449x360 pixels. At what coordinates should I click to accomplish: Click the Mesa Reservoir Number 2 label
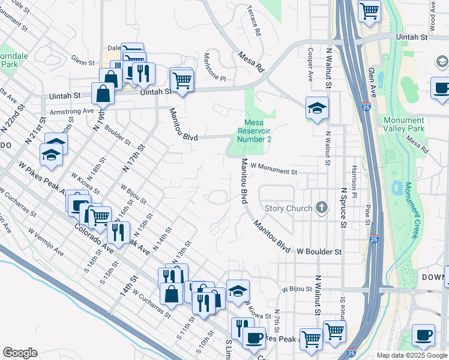(254, 130)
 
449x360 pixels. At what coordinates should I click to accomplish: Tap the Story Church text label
(289, 209)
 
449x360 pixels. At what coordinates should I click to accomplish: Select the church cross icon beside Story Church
(322, 208)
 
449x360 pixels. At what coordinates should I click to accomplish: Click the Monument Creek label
(410, 210)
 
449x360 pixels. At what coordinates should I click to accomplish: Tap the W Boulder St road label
(319, 252)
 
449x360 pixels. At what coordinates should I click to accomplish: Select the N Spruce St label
(344, 208)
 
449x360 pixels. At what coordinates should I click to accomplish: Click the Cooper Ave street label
(310, 64)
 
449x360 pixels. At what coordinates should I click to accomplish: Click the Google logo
(20, 352)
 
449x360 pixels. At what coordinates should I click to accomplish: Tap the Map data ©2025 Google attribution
(411, 355)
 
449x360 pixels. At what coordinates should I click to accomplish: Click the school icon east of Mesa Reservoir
(317, 108)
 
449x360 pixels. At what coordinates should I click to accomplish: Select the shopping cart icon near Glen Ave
(370, 10)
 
